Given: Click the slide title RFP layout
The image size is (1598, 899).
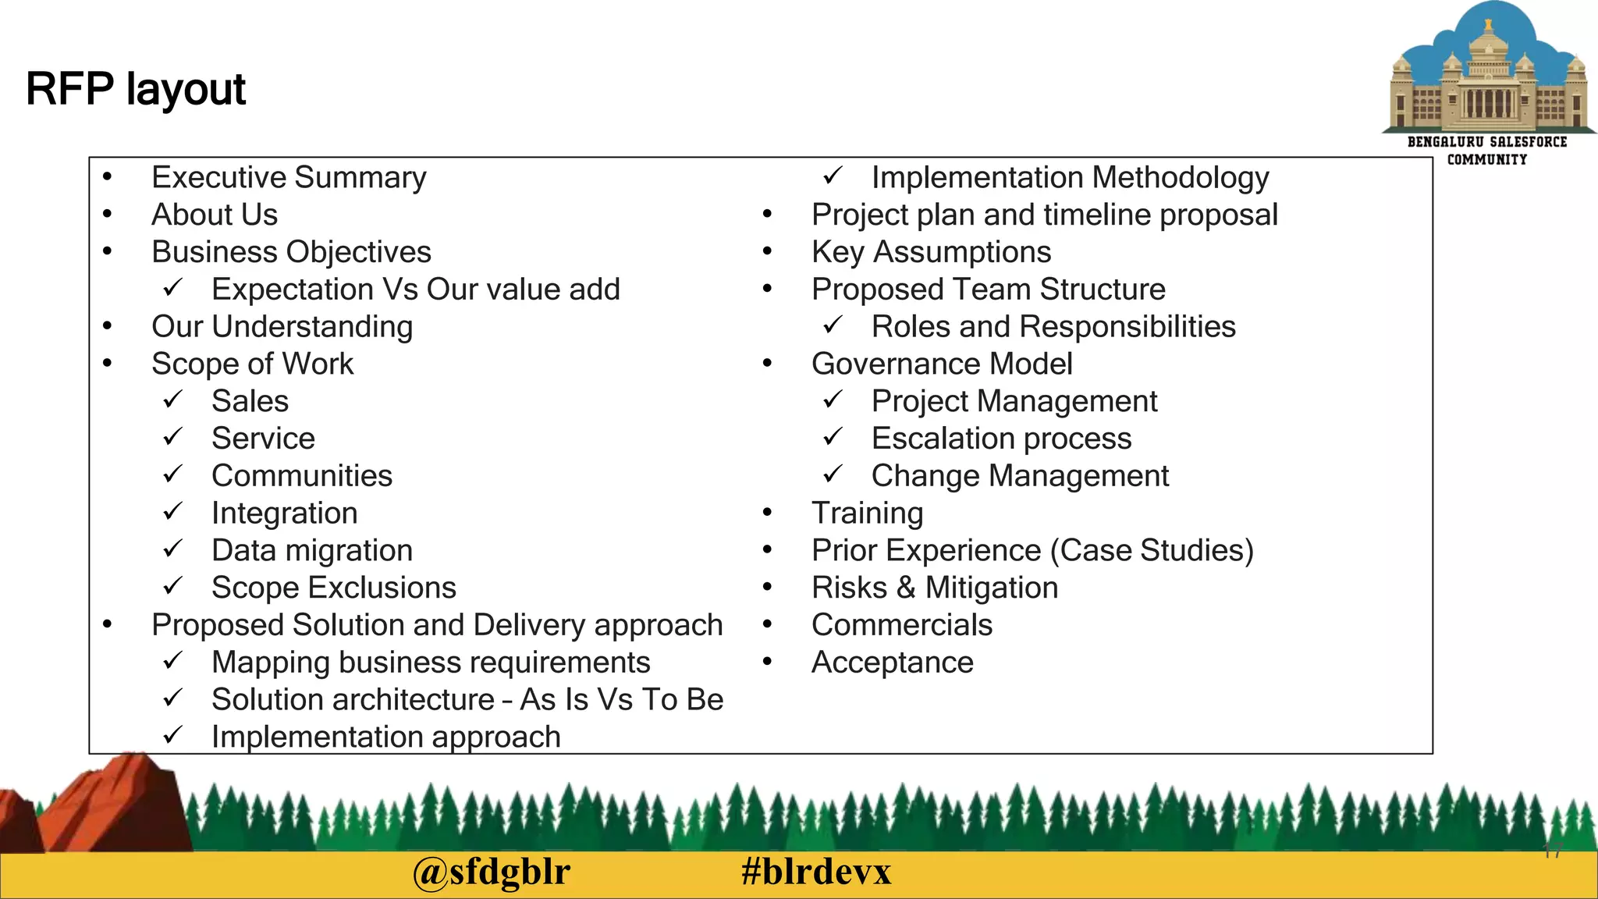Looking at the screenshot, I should (x=136, y=89).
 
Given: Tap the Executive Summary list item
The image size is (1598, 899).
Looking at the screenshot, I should (x=289, y=178).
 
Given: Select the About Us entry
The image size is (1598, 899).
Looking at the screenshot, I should (x=215, y=215).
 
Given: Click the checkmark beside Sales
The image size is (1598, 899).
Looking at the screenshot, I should (x=172, y=400).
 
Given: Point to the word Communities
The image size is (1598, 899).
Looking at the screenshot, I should (x=302, y=476).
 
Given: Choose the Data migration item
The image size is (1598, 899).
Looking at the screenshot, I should (x=312, y=551).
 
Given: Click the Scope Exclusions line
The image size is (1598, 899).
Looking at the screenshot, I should (x=334, y=588).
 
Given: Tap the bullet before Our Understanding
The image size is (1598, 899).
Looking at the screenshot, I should (x=108, y=326).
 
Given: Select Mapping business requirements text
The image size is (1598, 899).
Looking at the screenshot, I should (x=431, y=663).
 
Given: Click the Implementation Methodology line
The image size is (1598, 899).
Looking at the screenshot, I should (x=1070, y=178).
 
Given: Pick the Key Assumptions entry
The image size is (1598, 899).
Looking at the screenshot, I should (x=931, y=252).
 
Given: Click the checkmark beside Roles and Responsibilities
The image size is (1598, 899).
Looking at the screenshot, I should (x=833, y=325).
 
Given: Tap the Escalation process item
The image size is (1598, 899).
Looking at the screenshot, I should (x=1001, y=439).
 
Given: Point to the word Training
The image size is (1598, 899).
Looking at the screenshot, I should (x=867, y=513).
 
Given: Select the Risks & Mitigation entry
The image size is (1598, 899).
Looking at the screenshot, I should (x=935, y=588).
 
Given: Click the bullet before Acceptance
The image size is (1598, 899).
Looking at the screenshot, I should (x=768, y=663).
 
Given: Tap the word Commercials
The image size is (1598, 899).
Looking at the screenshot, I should (x=902, y=625).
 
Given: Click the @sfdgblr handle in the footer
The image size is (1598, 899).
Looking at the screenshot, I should (x=492, y=872).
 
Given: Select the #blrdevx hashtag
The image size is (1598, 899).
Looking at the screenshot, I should (x=815, y=872).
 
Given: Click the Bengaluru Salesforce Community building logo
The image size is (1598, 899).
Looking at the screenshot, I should (x=1487, y=78).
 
